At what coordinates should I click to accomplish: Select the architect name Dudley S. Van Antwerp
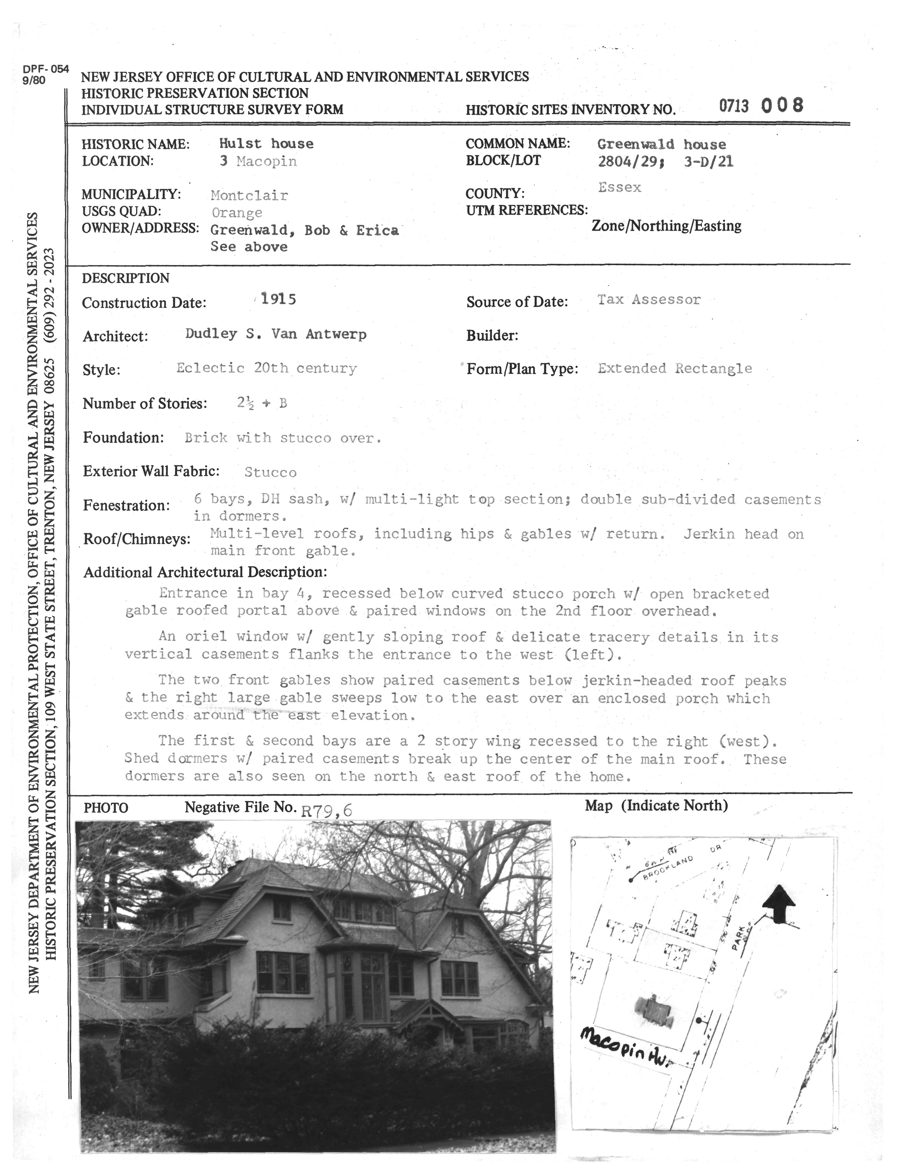276,334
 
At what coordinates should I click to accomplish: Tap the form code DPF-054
46,69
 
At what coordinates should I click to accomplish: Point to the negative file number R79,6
327,811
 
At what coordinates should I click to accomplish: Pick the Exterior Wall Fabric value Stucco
270,473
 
